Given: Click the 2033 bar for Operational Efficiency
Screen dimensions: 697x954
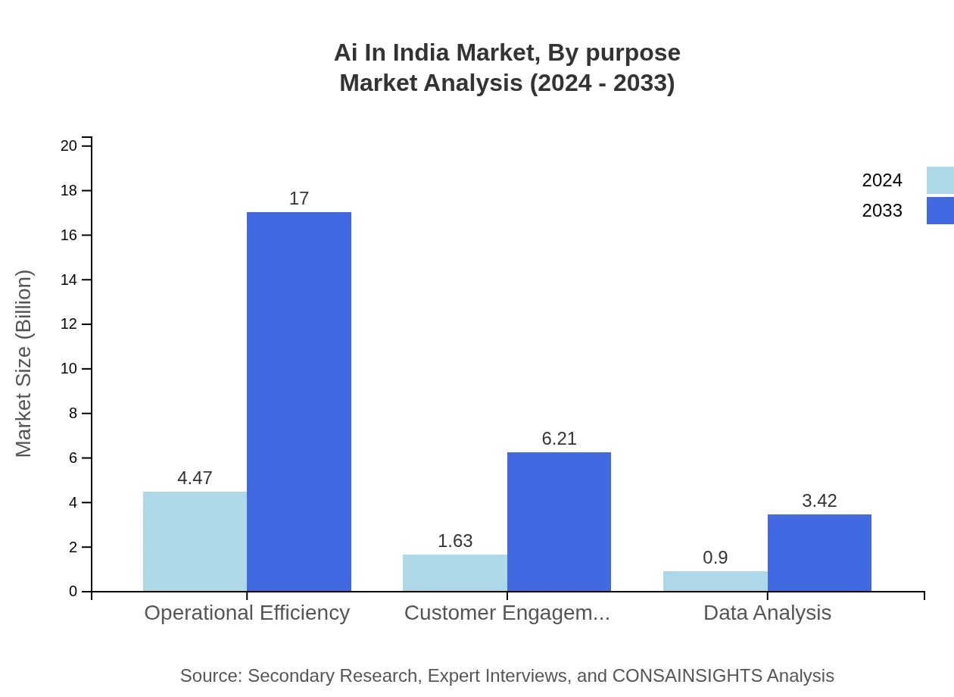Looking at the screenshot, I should tap(299, 402).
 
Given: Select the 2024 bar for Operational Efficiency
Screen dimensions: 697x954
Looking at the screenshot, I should tap(195, 541).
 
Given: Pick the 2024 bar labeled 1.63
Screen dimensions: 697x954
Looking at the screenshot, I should tap(454, 573).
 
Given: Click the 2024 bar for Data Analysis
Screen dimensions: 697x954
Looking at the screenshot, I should tap(715, 581).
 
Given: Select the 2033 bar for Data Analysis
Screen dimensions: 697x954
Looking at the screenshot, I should tap(819, 552).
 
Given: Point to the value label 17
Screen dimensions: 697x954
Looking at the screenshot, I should tap(299, 198).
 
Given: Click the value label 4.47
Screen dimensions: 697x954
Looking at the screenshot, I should tap(195, 478).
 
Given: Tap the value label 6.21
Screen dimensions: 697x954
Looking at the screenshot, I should tap(559, 439).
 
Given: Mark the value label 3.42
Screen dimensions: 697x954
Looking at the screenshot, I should tap(819, 501).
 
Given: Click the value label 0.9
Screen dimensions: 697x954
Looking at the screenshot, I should tap(715, 558).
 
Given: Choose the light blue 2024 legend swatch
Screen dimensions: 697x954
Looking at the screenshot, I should tap(940, 180).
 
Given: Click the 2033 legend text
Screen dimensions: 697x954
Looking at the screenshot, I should tap(882, 211).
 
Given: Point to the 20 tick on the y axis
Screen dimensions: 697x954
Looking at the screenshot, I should tap(69, 145).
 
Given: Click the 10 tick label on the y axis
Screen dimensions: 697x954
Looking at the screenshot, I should tap(69, 369).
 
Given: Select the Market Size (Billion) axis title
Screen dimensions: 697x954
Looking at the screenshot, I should tap(24, 364).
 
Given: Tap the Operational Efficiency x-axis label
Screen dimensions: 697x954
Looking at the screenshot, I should tap(247, 613).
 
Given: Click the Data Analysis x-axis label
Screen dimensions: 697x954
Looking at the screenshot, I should tap(767, 613).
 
